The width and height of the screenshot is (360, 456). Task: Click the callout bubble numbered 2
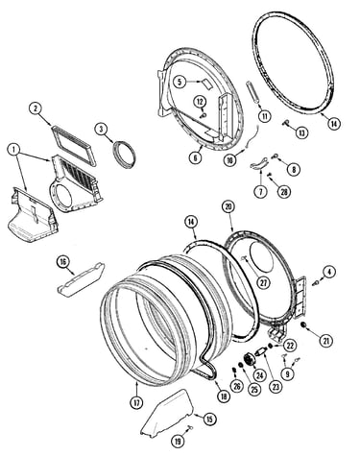tap(36, 109)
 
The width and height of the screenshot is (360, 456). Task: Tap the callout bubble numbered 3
tap(101, 129)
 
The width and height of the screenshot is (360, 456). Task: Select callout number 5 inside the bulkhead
tap(180, 83)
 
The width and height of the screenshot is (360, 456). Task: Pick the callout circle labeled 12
tap(200, 102)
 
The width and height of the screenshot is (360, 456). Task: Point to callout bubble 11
tap(265, 116)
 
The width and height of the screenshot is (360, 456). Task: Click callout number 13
tap(301, 132)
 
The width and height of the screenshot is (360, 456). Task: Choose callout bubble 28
tap(284, 191)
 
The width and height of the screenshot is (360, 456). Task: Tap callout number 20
tap(228, 207)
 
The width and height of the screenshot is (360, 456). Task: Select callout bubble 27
tap(264, 282)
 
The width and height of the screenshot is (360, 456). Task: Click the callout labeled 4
tap(329, 272)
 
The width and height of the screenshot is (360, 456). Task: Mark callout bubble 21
tap(326, 341)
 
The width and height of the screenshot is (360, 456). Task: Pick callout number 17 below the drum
tap(136, 403)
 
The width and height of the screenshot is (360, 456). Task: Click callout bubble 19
tap(178, 442)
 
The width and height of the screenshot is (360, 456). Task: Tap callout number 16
tap(62, 262)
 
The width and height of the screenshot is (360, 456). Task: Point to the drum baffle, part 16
tap(81, 280)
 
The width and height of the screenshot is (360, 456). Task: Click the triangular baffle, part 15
tap(169, 413)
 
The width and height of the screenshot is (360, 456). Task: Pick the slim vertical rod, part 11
tap(252, 92)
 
